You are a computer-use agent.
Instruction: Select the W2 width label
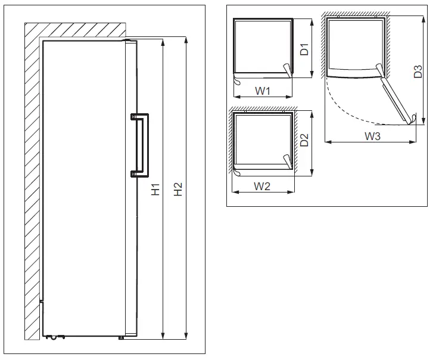[x=263, y=186]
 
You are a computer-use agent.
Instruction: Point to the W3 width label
[x=372, y=136]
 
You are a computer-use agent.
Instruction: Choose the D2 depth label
[x=304, y=141]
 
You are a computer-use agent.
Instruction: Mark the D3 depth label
[x=418, y=72]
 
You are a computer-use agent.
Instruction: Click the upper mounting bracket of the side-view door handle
[x=134, y=117]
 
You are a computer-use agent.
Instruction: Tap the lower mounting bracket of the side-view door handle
[x=134, y=174]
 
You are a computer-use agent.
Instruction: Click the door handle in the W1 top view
[x=288, y=71]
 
